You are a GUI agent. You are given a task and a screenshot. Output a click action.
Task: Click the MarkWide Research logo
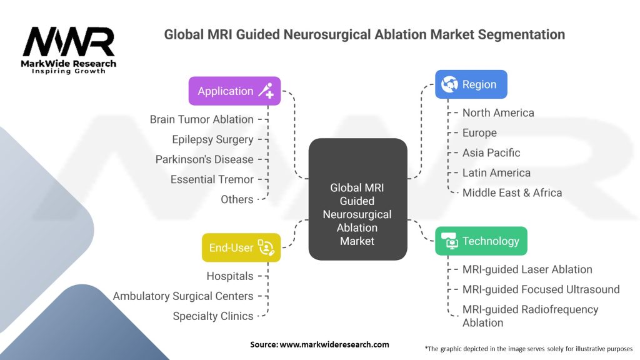69,50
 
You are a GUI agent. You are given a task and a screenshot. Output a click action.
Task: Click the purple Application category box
234,91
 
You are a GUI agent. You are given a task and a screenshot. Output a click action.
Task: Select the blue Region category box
471,84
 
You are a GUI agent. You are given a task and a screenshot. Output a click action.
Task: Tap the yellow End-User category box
241,247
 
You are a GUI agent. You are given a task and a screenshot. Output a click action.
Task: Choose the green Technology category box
481,241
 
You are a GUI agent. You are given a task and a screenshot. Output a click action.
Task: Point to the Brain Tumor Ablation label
201,119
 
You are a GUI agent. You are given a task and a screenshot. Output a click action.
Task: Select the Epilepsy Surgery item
212,139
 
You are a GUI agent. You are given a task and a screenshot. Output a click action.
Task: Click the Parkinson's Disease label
204,159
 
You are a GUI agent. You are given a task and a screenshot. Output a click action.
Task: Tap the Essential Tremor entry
212,179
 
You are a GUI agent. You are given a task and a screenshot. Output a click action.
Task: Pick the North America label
498,112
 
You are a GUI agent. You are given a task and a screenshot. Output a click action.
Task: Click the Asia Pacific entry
491,152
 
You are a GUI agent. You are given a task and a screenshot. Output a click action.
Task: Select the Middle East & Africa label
512,192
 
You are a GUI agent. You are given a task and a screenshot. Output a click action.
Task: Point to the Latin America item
496,172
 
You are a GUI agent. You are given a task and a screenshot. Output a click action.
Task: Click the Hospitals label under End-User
230,276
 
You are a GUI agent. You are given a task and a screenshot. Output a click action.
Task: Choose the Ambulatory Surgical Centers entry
183,296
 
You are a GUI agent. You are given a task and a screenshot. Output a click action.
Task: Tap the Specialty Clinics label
213,316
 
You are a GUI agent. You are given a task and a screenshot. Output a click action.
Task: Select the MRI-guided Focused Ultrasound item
541,289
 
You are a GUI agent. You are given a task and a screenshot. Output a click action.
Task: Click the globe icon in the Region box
449,84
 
